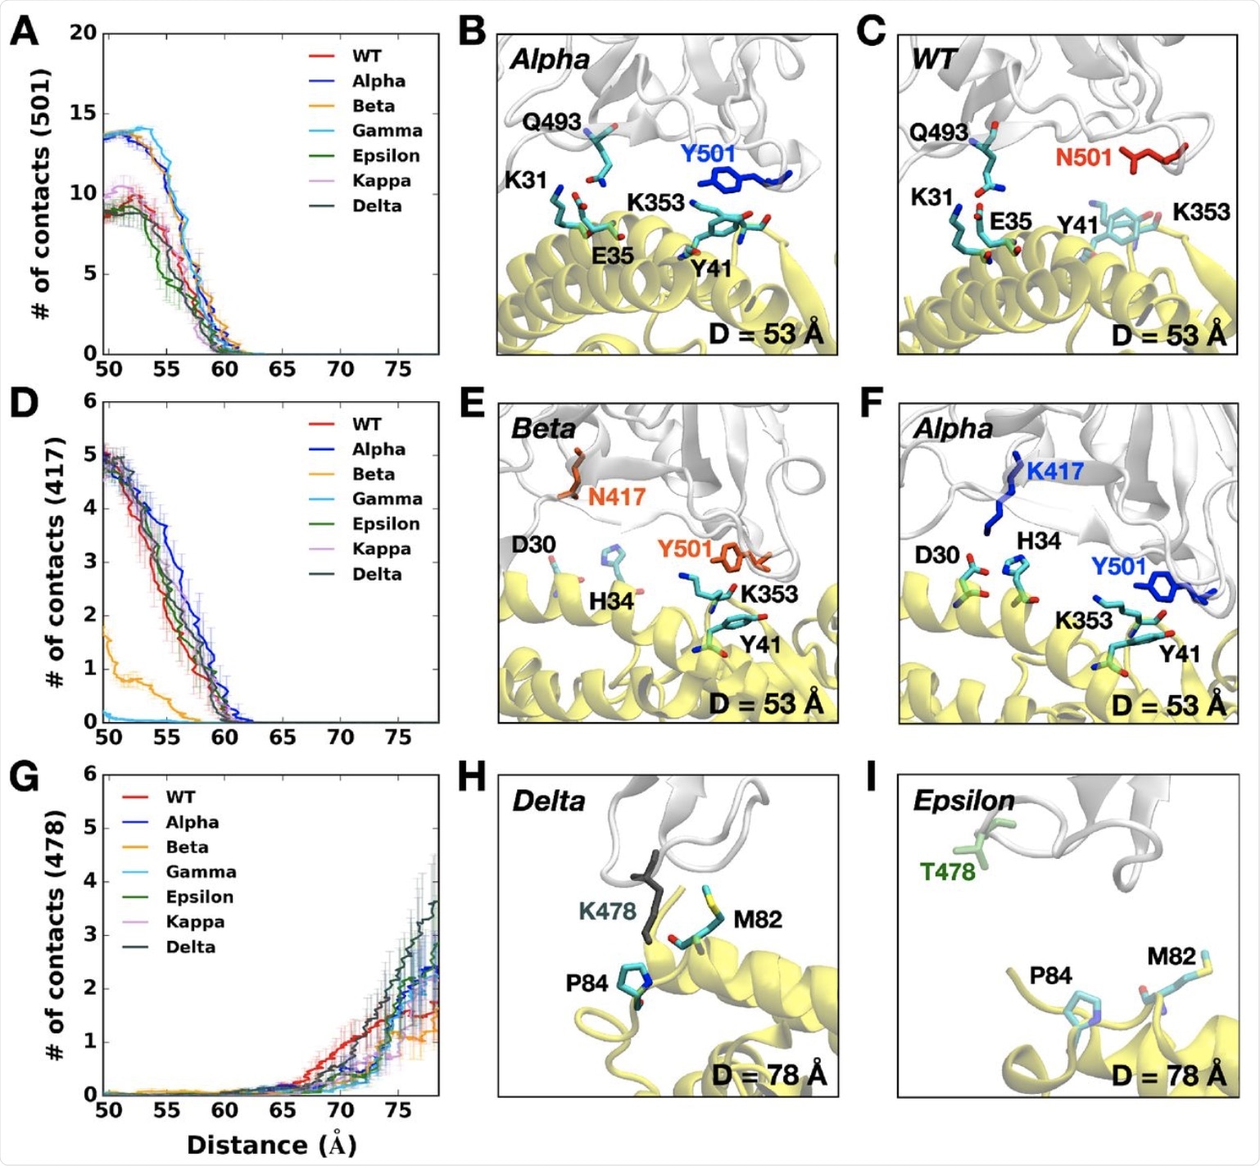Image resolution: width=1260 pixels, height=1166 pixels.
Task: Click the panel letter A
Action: [x=24, y=32]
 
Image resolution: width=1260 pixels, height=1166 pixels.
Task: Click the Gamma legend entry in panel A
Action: [x=387, y=131]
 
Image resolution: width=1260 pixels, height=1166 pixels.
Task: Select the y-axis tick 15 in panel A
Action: [x=83, y=113]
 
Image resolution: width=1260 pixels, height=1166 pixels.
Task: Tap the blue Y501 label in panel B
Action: [x=707, y=153]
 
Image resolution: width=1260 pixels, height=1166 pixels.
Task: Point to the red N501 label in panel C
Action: [x=1083, y=156]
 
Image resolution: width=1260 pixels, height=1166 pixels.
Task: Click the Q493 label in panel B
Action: [x=551, y=122]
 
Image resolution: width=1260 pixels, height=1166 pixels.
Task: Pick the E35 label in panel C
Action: [x=1010, y=222]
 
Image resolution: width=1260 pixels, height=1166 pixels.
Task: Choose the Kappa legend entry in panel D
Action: [x=381, y=549]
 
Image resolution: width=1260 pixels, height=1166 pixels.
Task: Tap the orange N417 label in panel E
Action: [x=616, y=496]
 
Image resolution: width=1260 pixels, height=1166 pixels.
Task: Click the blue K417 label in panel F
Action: [x=1054, y=472]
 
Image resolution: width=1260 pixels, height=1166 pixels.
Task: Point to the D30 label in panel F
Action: [x=936, y=555]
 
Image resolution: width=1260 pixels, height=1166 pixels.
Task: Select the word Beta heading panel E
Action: [x=543, y=429]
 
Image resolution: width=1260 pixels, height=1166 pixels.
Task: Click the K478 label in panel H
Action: [x=607, y=911]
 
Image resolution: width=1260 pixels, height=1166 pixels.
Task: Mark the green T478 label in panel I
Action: [x=947, y=872]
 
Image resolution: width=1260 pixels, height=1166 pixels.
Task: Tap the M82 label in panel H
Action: [x=757, y=920]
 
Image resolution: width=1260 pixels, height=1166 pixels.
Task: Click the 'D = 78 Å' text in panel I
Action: [x=1169, y=1075]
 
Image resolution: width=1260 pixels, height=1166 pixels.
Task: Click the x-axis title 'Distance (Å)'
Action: [x=271, y=1145]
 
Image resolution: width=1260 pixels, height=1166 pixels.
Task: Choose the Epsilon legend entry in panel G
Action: [x=199, y=897]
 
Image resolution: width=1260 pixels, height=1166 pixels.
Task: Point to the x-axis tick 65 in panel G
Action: [x=283, y=1110]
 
